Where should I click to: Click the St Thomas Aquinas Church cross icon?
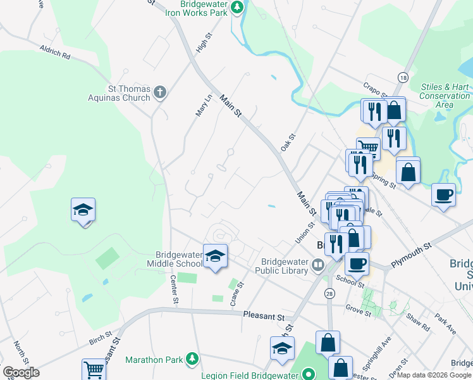click(x=160, y=92)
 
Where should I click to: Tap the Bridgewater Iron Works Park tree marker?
click(x=237, y=8)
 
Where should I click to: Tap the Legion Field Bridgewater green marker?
click(x=308, y=374)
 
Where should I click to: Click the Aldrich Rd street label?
click(x=54, y=52)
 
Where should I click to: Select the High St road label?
click(x=202, y=43)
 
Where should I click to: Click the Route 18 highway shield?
click(x=403, y=77)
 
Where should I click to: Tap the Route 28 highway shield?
click(x=329, y=294)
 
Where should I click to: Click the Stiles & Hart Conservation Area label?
click(x=445, y=95)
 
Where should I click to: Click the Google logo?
click(x=21, y=372)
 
